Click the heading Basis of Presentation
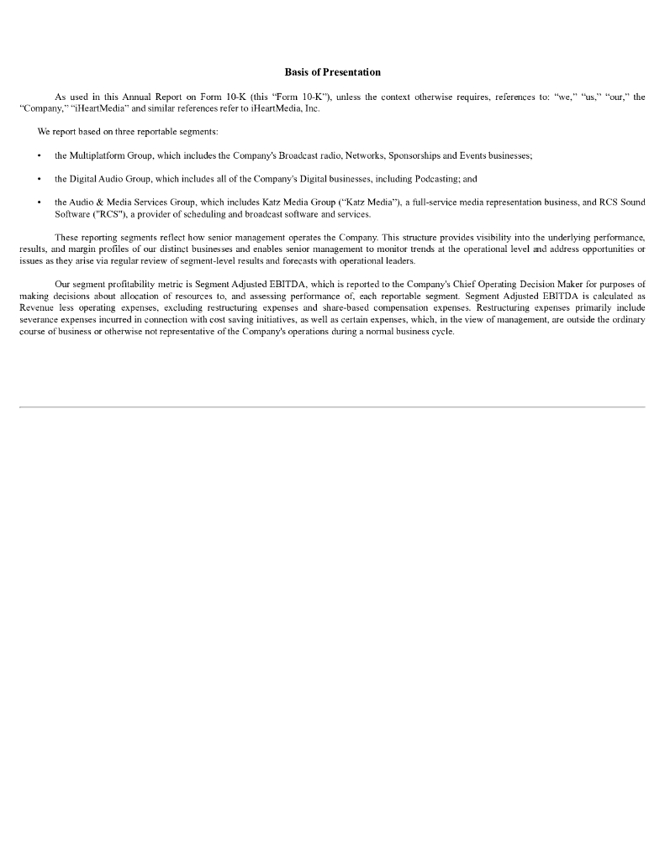pos(332,72)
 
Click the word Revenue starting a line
pos(36,308)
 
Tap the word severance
pos(38,320)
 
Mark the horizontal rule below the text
pos(332,407)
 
